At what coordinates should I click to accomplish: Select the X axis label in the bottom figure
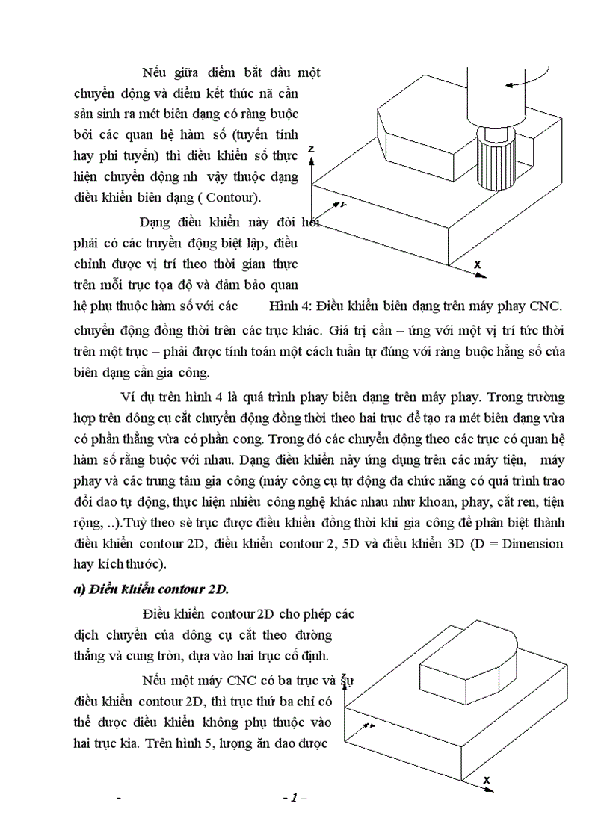[x=487, y=780]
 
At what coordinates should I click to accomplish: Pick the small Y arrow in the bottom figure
[x=368, y=725]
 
